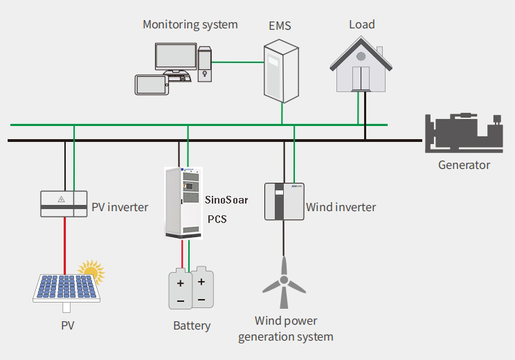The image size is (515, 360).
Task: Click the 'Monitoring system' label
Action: tap(190, 25)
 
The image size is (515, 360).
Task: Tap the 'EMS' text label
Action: tap(279, 26)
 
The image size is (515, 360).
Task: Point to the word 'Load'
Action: tap(361, 25)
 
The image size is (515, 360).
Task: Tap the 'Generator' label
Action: tap(464, 165)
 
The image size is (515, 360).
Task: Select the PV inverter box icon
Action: tap(64, 202)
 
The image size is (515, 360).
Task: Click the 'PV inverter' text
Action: tap(120, 207)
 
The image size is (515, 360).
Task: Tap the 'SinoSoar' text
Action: tap(226, 200)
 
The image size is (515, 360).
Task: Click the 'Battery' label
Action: tap(191, 325)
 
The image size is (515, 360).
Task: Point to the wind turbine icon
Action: tap(283, 284)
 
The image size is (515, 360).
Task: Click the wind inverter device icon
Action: tap(283, 201)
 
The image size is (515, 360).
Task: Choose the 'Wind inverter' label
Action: tap(341, 207)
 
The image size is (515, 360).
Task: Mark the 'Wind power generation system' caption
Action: tap(285, 329)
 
